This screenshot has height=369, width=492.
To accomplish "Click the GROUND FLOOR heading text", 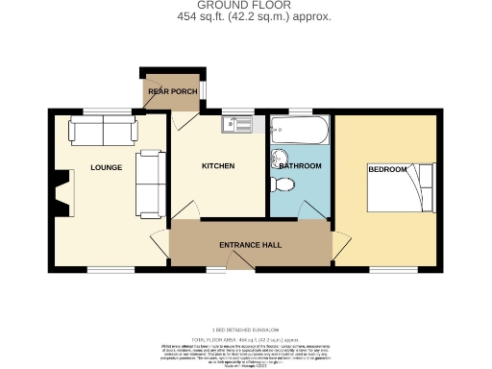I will coord(246,5).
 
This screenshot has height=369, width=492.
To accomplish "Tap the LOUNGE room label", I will coord(106,167).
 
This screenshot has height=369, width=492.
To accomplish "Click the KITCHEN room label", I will coord(218,166).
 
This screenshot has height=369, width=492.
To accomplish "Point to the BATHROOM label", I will coord(300,166).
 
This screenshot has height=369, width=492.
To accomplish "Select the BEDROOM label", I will coord(386,169).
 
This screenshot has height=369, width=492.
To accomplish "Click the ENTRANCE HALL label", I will coord(250,246).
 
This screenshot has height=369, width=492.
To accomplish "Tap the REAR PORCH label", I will coord(172,92).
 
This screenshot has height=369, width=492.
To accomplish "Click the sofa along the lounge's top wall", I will coord(101,132).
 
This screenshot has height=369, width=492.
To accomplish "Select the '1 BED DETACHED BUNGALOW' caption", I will coord(246,329).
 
